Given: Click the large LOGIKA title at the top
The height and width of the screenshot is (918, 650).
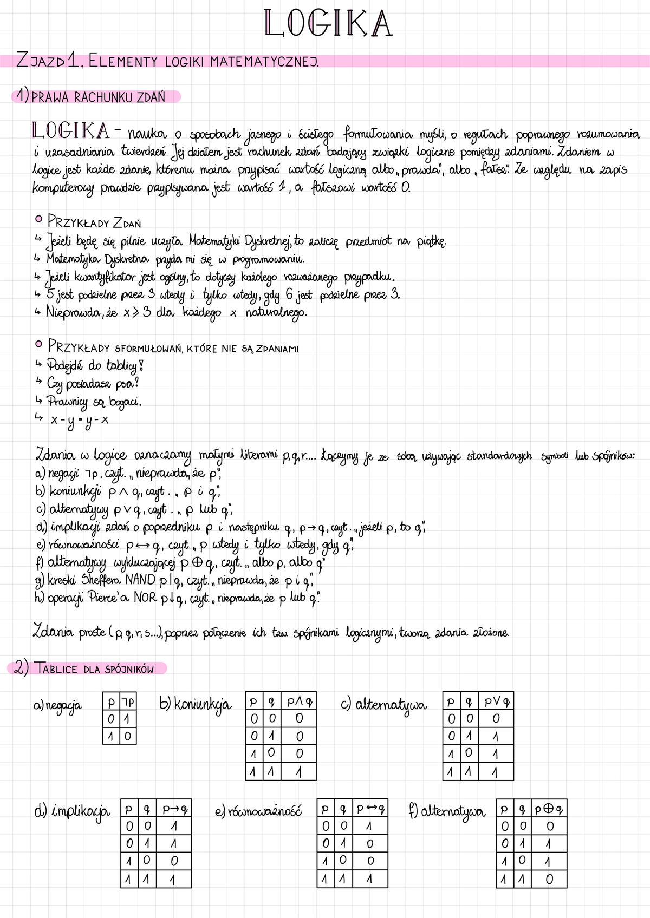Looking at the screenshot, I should [x=328, y=24].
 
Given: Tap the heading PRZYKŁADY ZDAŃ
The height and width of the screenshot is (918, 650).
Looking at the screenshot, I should [x=94, y=222].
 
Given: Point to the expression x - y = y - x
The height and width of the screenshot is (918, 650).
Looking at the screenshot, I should [x=79, y=419].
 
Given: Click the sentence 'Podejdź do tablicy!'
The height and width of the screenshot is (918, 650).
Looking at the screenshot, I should [x=95, y=365].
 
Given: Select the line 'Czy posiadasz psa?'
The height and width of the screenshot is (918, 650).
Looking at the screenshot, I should [x=93, y=384].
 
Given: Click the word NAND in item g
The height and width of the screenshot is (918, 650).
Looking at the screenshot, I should [x=140, y=580].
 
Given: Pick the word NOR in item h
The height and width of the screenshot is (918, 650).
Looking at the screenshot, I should [x=145, y=598].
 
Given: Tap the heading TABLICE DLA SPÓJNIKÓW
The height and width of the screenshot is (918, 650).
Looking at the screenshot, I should [x=94, y=669].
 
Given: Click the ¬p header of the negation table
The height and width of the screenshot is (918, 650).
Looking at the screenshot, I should [x=128, y=703].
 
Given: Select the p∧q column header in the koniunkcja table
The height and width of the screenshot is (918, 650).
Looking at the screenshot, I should [x=300, y=702].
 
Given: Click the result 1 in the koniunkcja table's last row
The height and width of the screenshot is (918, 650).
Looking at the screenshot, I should [x=299, y=771].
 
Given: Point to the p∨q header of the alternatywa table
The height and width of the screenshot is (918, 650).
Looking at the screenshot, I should [x=497, y=702].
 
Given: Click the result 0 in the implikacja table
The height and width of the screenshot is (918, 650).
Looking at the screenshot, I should [x=174, y=861].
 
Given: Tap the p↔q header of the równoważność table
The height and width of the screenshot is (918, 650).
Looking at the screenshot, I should [x=370, y=809].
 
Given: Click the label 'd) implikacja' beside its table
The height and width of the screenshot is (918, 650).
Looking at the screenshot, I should [x=72, y=811].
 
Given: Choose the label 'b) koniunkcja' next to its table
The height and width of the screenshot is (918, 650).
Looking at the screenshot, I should [x=195, y=704].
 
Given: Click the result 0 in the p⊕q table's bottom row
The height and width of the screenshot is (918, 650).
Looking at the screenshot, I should [x=549, y=880].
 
